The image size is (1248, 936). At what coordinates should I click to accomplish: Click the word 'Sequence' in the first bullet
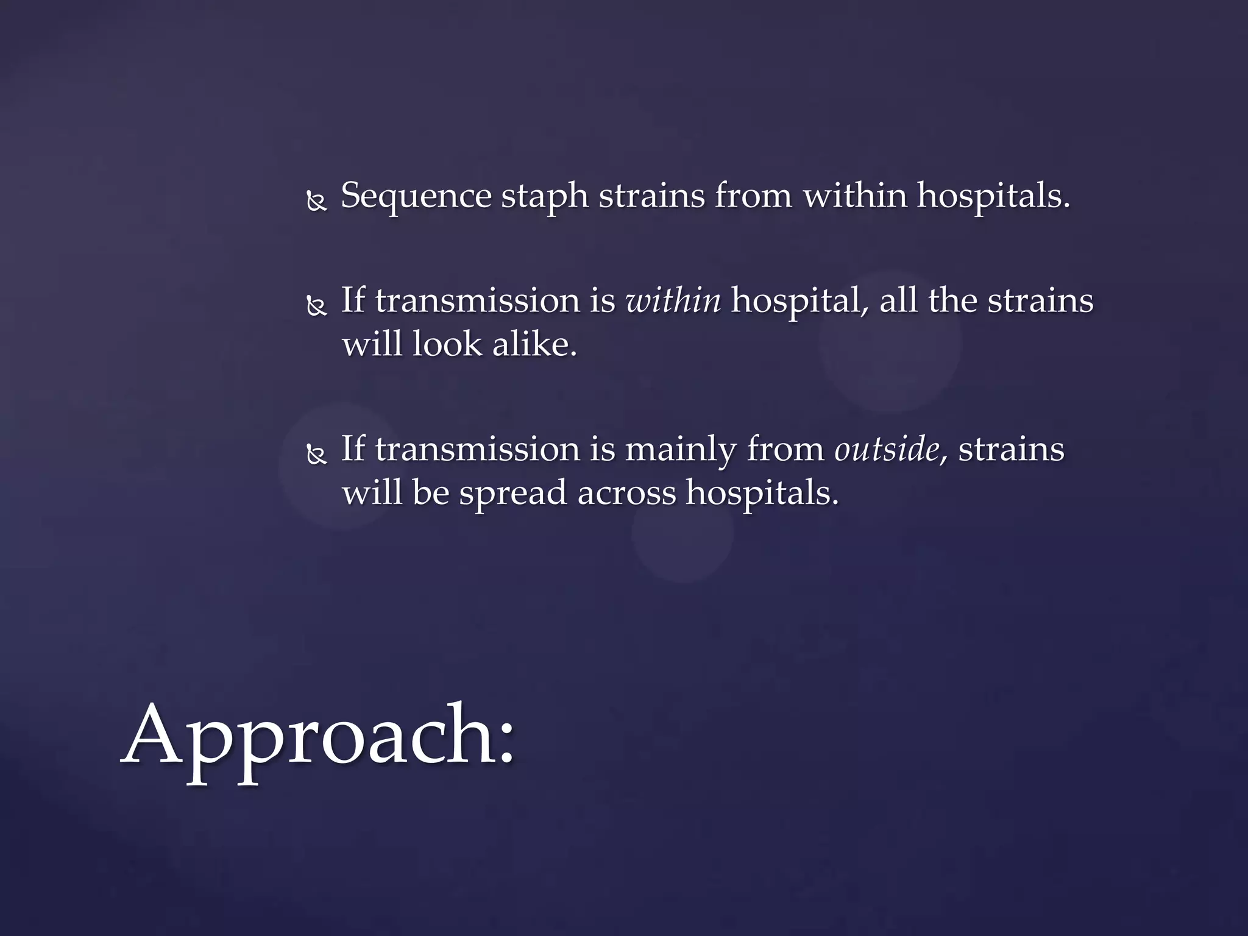pyautogui.click(x=416, y=196)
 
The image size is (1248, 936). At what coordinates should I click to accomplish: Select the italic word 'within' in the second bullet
pyautogui.click(x=673, y=301)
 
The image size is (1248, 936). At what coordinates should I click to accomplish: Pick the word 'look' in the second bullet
pyautogui.click(x=447, y=345)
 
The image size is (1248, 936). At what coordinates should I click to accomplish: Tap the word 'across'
pyautogui.click(x=626, y=493)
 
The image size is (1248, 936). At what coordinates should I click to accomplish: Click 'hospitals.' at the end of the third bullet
pyautogui.click(x=762, y=493)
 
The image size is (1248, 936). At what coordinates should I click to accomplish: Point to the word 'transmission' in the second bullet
pyautogui.click(x=477, y=301)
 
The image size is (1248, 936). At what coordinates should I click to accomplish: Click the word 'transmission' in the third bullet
pyautogui.click(x=477, y=450)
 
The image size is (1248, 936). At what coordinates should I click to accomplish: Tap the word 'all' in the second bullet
pyautogui.click(x=898, y=301)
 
